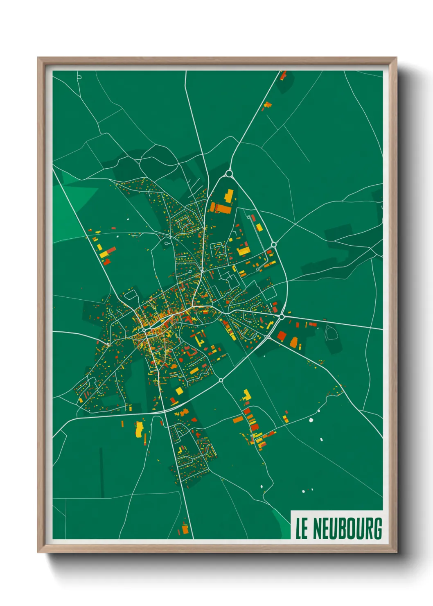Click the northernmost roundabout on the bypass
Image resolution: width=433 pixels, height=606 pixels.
tap(229, 173)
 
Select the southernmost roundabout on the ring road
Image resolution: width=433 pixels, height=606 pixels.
tap(221, 380)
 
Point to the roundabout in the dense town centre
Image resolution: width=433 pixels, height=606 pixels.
tap(144, 329)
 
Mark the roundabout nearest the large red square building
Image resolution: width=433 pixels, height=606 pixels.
tap(282, 317)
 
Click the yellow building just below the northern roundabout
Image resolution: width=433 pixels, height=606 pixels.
tap(229, 195)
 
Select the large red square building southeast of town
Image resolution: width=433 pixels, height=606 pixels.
tap(281, 336)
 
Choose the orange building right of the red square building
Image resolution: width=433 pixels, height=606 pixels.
tap(294, 342)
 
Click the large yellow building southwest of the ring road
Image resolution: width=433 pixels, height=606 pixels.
tap(139, 428)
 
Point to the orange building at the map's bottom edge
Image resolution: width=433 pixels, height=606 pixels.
tap(185, 529)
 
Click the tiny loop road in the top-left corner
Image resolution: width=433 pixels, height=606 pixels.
tap(79, 77)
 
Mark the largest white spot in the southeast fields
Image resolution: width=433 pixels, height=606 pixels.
tap(311, 420)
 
